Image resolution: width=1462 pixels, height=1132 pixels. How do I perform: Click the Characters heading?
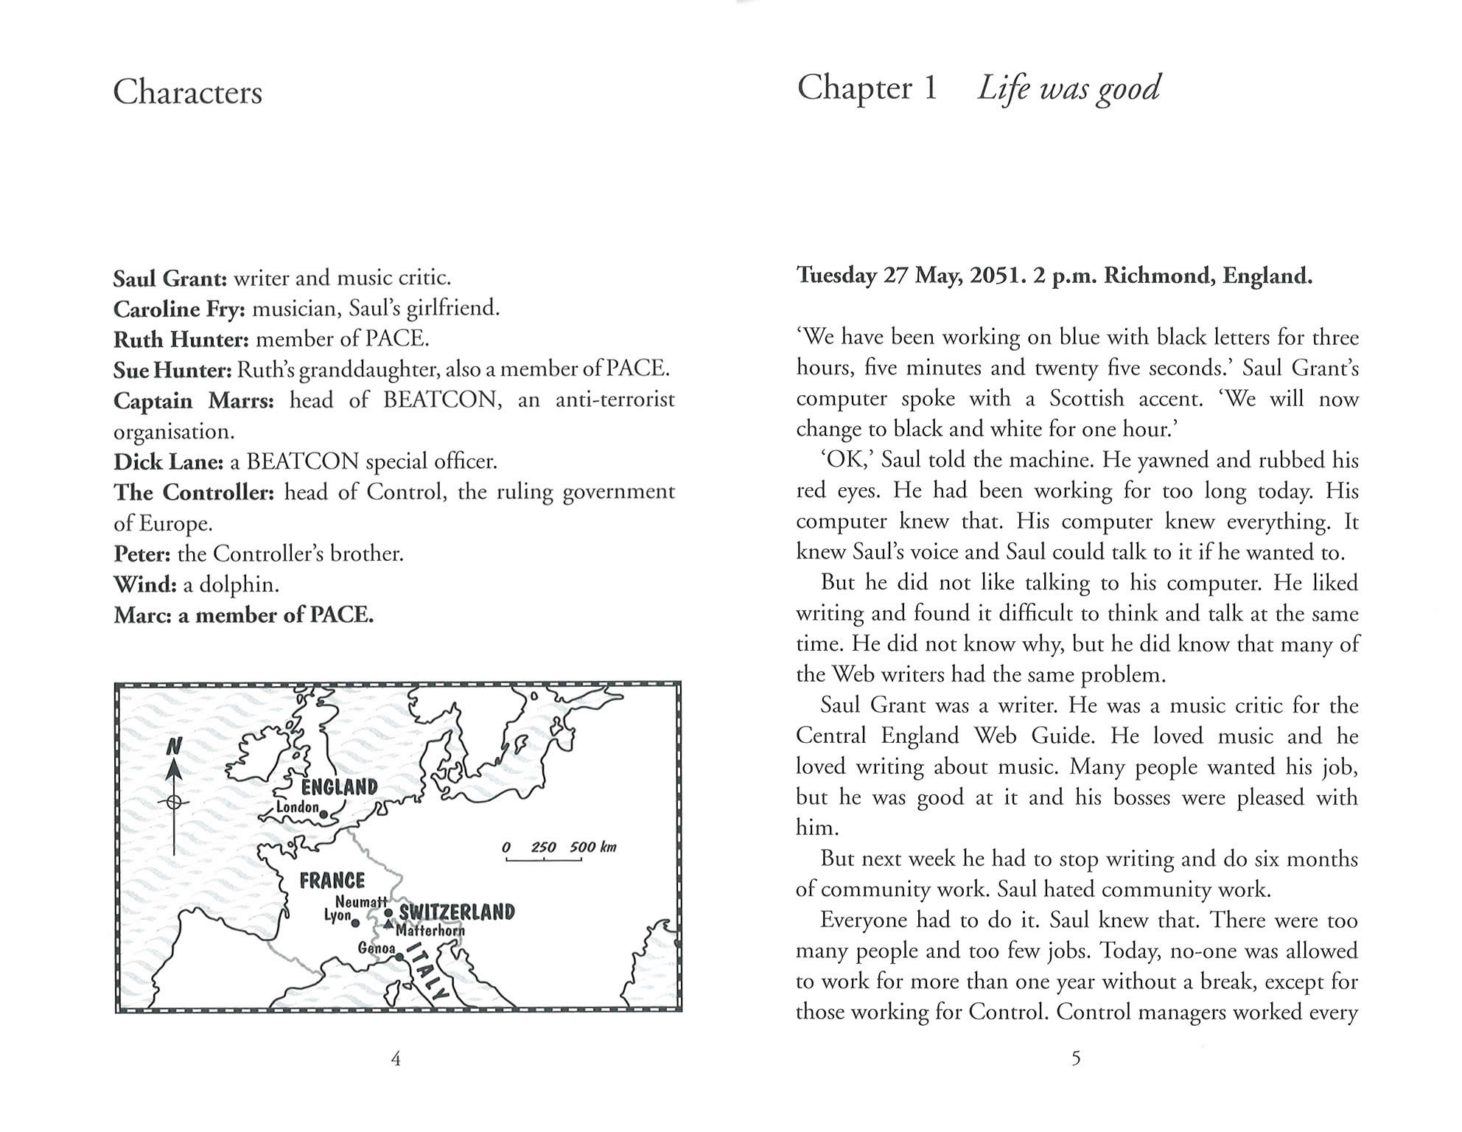[x=187, y=93]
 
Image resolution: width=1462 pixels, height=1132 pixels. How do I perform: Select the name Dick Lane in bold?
[x=168, y=462]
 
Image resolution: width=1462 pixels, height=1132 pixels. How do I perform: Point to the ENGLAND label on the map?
[x=339, y=786]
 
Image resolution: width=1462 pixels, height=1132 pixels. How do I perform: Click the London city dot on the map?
[x=323, y=814]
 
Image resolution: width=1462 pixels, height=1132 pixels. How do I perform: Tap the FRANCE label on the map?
[x=332, y=880]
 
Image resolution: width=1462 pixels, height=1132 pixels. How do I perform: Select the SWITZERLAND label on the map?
[x=456, y=912]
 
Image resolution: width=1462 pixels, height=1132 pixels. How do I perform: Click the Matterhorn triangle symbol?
[x=388, y=924]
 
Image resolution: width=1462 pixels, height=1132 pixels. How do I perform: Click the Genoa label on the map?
[x=377, y=948]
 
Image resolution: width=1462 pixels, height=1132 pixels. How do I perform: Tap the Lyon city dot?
[x=355, y=923]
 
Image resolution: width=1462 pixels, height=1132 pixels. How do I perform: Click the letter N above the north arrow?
[x=173, y=747]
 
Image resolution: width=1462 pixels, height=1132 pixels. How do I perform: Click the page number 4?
[x=396, y=1059]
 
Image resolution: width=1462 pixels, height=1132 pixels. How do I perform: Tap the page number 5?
[x=1076, y=1059]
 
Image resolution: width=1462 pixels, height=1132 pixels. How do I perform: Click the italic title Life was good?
[x=1068, y=89]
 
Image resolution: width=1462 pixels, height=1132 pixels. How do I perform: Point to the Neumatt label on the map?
[x=360, y=901]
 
